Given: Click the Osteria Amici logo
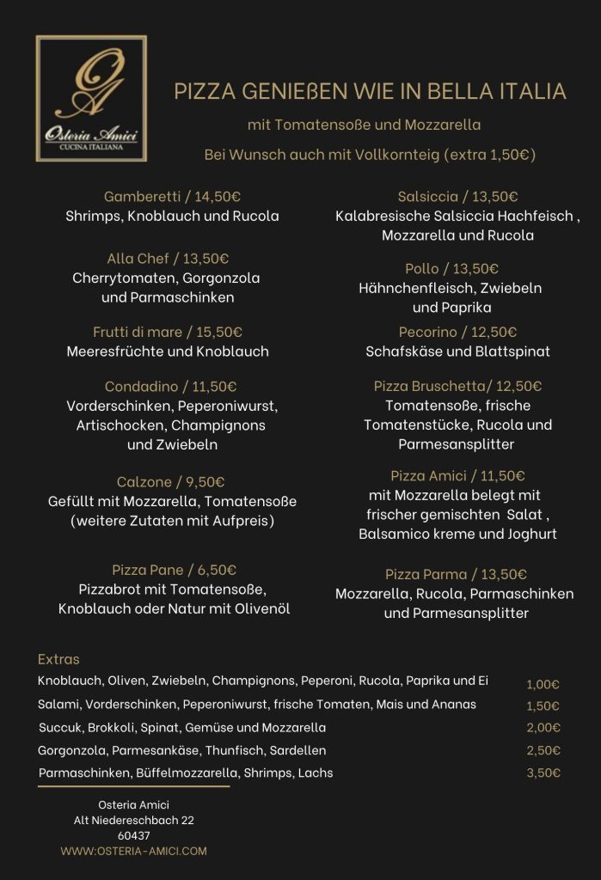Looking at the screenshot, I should [x=91, y=98].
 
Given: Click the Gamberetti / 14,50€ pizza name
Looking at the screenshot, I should [x=172, y=196].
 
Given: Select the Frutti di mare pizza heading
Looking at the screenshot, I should [x=168, y=332].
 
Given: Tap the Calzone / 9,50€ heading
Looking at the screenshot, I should [x=170, y=481].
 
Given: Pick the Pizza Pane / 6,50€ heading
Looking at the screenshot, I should [x=175, y=570].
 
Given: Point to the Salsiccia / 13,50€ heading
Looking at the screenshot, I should [x=457, y=196].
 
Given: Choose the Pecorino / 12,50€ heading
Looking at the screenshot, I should [x=457, y=332].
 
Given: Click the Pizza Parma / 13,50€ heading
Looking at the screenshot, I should [x=456, y=574].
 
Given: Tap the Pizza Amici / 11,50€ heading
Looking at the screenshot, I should [x=457, y=475].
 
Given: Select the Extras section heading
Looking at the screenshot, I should [x=58, y=659].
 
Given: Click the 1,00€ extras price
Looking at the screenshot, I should [x=543, y=685].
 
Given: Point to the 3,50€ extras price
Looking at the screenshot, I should [x=543, y=773].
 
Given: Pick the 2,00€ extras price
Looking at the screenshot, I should [x=543, y=728].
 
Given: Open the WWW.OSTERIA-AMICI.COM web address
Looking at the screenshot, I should [x=133, y=851].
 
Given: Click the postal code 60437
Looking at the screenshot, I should [x=133, y=835].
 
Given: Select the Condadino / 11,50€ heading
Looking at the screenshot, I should [x=170, y=386].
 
